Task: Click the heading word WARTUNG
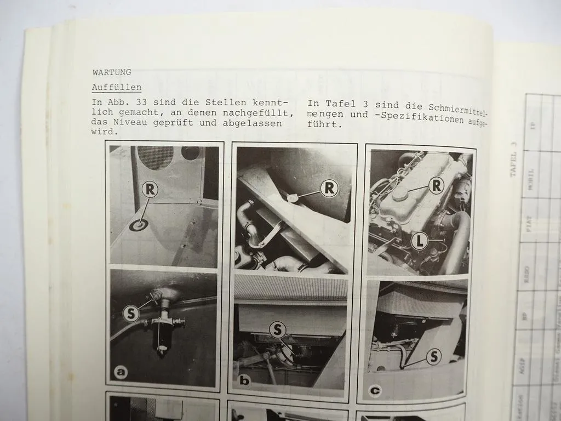coord(112,72)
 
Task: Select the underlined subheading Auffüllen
coord(117,87)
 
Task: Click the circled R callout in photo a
coord(150,190)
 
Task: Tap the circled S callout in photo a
coord(131,314)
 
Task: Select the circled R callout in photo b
coord(329,188)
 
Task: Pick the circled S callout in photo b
coord(278,329)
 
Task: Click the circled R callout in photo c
coord(436,185)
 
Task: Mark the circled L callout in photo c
coord(419,240)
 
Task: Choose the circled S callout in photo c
coord(433,357)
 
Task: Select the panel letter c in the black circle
coord(375,390)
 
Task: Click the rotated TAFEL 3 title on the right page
coord(513,159)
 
